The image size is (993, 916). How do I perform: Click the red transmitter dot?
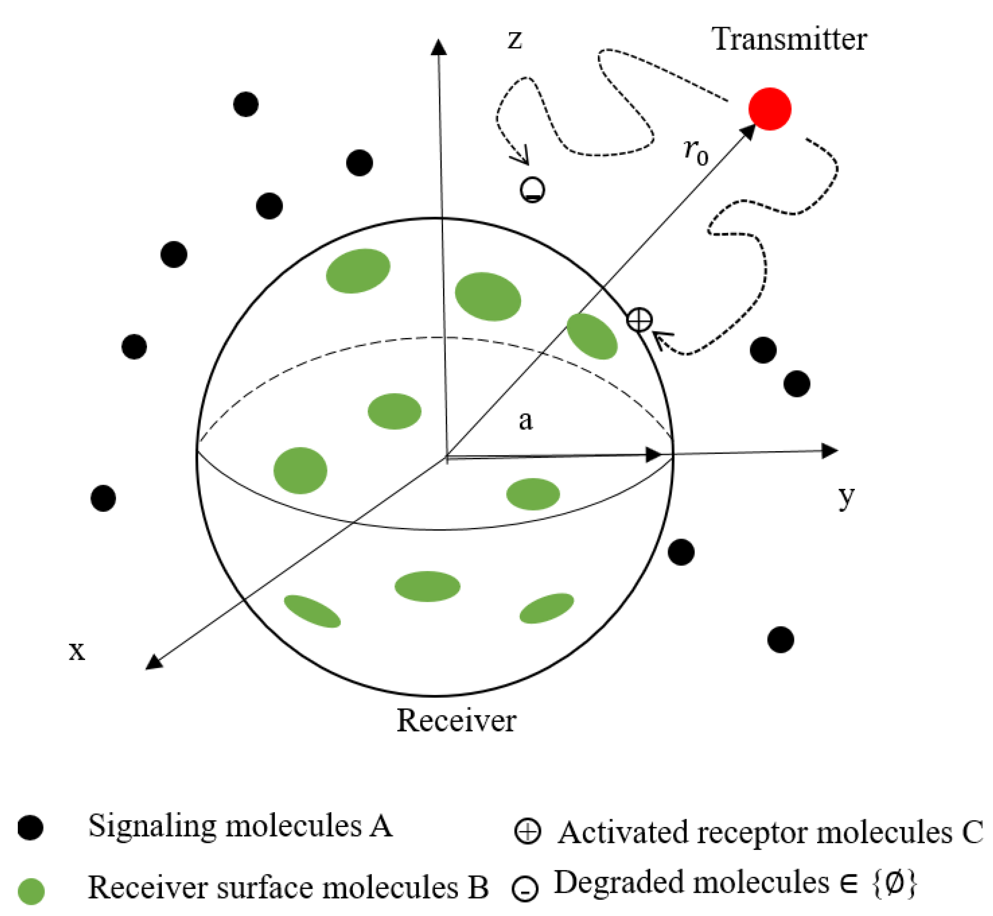pyautogui.click(x=769, y=109)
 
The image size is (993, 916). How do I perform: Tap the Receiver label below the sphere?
pyautogui.click(x=456, y=720)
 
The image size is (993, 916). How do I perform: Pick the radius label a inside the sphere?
pyautogui.click(x=525, y=420)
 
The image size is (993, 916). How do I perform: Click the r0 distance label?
pyautogui.click(x=696, y=151)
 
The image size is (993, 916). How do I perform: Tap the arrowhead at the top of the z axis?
pyautogui.click(x=438, y=47)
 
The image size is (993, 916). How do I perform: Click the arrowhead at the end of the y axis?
pyautogui.click(x=830, y=450)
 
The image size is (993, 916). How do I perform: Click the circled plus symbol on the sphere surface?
pyautogui.click(x=639, y=320)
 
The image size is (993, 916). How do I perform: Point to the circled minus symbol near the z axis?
pyautogui.click(x=533, y=189)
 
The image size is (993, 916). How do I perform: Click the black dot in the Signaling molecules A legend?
pyautogui.click(x=30, y=827)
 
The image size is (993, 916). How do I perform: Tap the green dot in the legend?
pyautogui.click(x=31, y=891)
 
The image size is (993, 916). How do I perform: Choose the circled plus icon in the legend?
pyautogui.click(x=527, y=831)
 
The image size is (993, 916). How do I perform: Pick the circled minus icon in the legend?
pyautogui.click(x=525, y=888)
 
